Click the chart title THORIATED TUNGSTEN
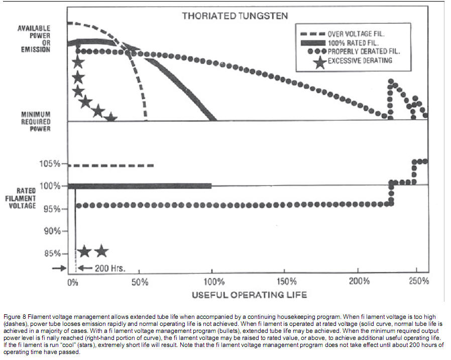(x=235, y=16)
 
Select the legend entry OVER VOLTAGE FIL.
(x=360, y=35)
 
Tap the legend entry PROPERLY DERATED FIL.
(x=364, y=52)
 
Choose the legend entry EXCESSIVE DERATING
(x=360, y=60)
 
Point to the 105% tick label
(x=50, y=164)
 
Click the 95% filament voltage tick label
(x=51, y=208)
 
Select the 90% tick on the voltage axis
(x=51, y=231)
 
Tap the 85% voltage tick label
(x=51, y=254)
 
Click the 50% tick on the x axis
(x=140, y=282)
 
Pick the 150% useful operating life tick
(x=286, y=282)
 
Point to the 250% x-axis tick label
(x=419, y=282)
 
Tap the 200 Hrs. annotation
(x=103, y=268)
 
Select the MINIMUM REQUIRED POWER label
(x=36, y=122)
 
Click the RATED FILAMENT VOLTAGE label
(x=26, y=198)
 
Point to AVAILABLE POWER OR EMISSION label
(x=35, y=39)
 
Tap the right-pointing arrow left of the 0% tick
(x=59, y=268)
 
